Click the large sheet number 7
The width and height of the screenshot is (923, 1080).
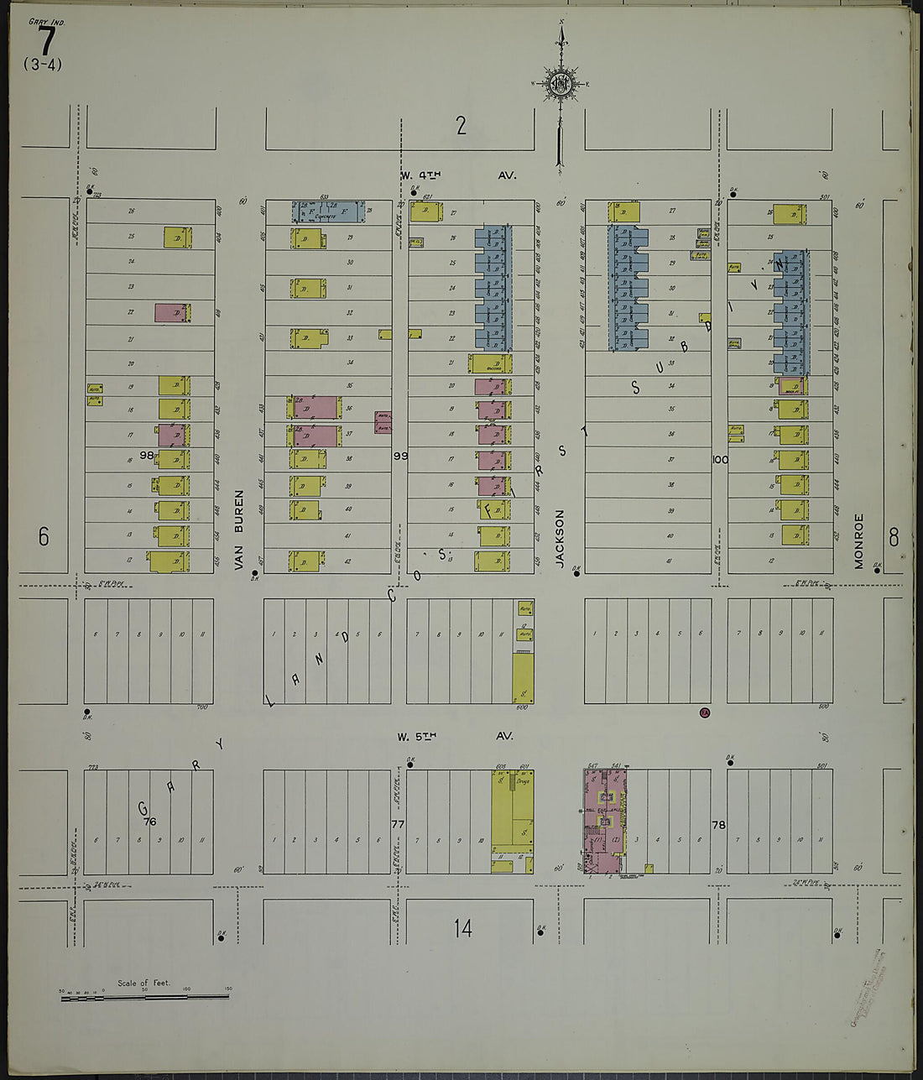point(47,40)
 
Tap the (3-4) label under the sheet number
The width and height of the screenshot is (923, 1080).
point(43,65)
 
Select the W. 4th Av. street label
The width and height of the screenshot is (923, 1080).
point(457,175)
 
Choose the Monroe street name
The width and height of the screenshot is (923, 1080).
point(859,541)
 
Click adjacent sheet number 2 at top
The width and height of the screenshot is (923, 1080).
point(461,126)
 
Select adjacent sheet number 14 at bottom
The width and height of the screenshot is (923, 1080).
point(462,928)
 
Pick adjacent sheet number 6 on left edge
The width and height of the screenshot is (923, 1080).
point(44,537)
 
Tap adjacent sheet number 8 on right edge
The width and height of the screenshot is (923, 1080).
point(893,537)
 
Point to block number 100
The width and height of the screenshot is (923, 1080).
point(720,459)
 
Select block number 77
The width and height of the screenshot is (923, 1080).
point(398,824)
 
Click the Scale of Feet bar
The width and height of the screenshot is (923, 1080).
point(144,997)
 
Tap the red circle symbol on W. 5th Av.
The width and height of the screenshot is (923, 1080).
point(705,713)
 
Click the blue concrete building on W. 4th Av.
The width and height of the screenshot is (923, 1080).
point(329,212)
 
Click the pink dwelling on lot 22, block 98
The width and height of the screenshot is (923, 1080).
point(172,313)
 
